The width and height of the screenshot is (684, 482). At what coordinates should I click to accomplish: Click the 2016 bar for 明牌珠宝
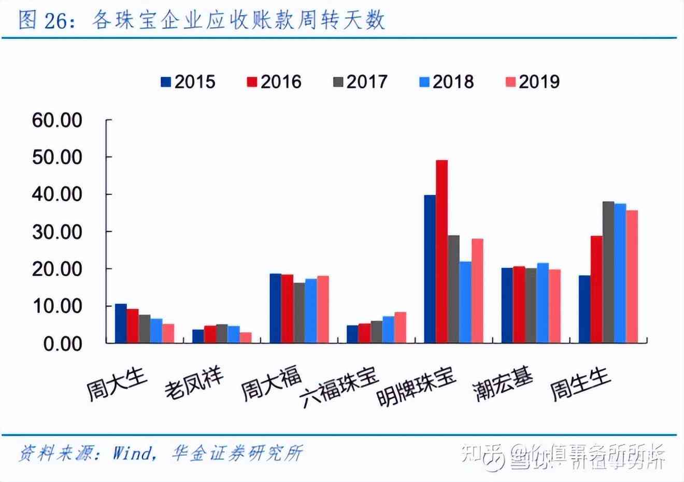[x=441, y=251]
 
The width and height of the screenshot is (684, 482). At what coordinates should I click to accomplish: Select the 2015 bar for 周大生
[x=121, y=323]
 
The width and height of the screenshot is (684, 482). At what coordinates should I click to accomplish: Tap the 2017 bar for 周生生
[x=608, y=272]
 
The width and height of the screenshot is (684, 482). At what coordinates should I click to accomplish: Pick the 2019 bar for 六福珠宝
[x=400, y=328]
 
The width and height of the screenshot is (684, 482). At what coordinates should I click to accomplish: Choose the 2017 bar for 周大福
[x=299, y=313]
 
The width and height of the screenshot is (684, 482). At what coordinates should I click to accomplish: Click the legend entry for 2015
[x=188, y=82]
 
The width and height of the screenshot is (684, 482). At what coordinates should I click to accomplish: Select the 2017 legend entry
[x=360, y=82]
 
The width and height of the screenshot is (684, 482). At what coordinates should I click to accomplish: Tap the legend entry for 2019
[x=532, y=82]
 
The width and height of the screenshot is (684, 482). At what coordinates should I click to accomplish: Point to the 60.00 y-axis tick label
[x=57, y=120]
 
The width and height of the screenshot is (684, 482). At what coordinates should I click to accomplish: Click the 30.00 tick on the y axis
[x=57, y=232]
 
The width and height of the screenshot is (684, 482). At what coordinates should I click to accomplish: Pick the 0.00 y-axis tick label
[x=63, y=344]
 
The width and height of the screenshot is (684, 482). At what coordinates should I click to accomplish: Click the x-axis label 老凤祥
[x=194, y=384]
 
